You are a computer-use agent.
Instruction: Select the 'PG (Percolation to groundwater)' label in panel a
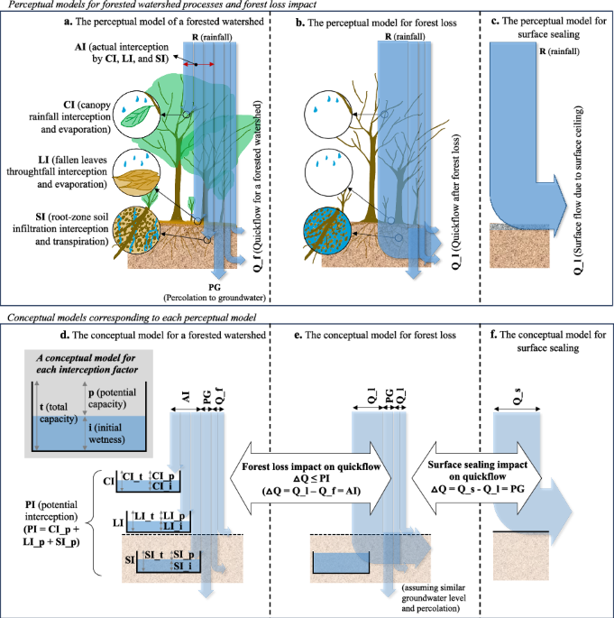216,291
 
